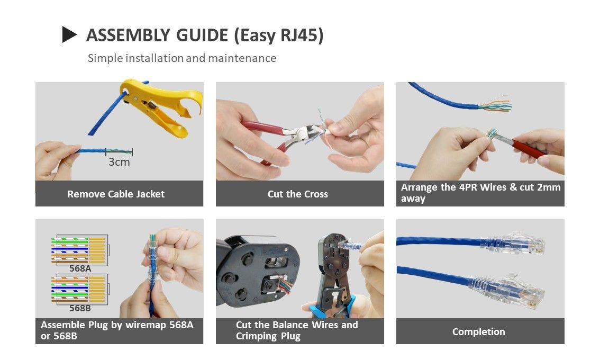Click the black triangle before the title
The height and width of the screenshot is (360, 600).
pos(69,35)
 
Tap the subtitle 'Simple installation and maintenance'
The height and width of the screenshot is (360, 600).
pos(182,58)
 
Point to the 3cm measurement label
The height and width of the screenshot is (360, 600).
pos(119,162)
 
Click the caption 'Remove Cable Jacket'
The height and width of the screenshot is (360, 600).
pos(116,194)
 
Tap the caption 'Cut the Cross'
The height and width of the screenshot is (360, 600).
pos(298,194)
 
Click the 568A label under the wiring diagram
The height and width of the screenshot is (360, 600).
pos(80,268)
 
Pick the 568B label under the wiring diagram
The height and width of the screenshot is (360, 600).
pos(80,308)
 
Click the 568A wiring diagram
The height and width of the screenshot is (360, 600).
pos(79,250)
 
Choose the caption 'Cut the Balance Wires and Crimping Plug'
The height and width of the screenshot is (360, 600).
pos(297,330)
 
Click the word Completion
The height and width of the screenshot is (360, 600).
pos(478,332)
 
